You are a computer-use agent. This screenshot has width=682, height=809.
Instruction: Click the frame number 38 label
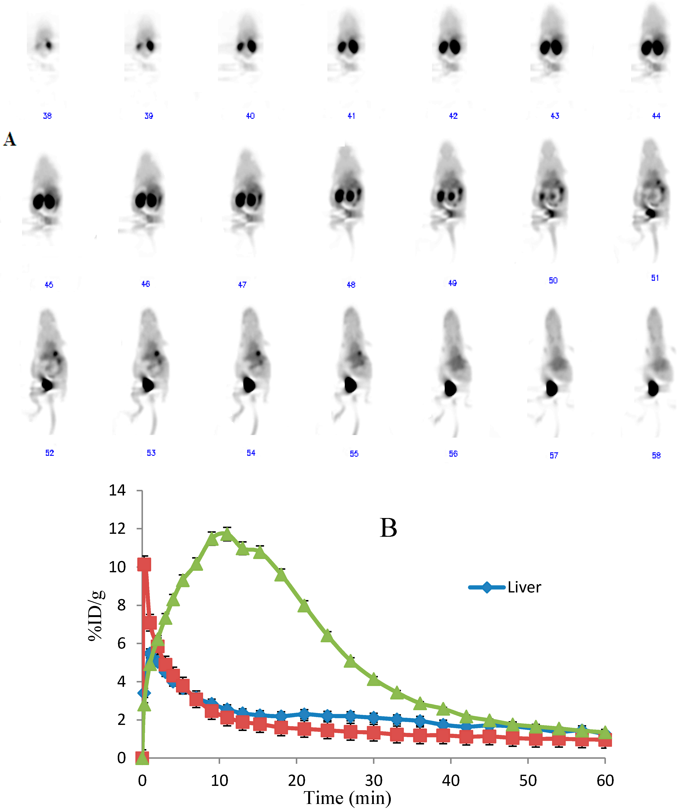47,116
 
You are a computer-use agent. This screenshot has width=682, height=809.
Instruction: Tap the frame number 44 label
656,116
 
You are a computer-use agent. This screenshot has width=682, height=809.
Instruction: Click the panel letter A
10,139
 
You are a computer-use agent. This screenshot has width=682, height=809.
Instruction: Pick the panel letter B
388,528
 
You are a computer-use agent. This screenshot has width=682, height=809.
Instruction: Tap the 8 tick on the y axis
121,605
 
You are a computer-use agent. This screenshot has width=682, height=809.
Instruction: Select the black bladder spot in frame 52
47,384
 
